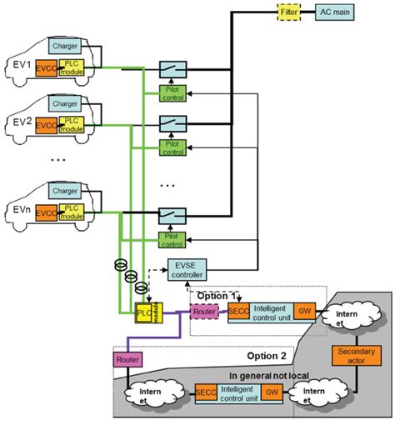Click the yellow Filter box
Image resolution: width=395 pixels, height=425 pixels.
point(288,13)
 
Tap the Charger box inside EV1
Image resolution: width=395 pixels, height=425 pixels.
point(64,45)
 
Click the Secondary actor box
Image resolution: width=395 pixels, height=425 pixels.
point(357,355)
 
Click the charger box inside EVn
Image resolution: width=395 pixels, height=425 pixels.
point(64,190)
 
